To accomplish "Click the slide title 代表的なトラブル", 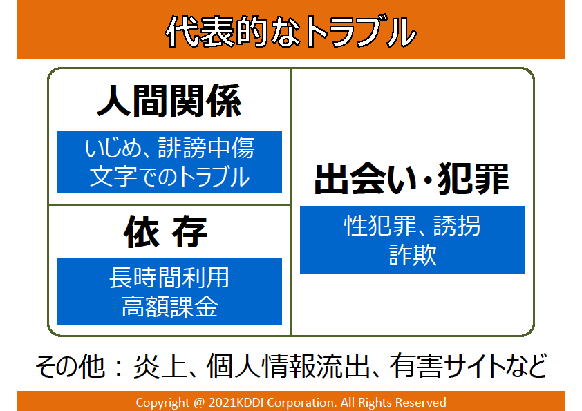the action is (290, 32).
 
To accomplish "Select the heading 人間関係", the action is (169, 101).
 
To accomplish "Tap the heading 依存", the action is (165, 232).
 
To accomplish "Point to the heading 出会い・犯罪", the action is (412, 179).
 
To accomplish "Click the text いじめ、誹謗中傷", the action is (169, 148).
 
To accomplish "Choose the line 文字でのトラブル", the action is (169, 176).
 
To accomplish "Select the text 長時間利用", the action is (169, 278).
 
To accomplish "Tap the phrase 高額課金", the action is (169, 307).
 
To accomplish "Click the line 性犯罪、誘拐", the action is (412, 225).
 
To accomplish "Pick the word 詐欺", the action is (413, 255).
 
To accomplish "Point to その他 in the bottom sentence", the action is (70, 365).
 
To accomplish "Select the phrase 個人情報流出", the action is (288, 365).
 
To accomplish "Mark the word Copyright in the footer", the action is (162, 403).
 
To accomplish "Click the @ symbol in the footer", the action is (199, 403).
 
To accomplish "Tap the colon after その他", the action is (119, 367).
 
